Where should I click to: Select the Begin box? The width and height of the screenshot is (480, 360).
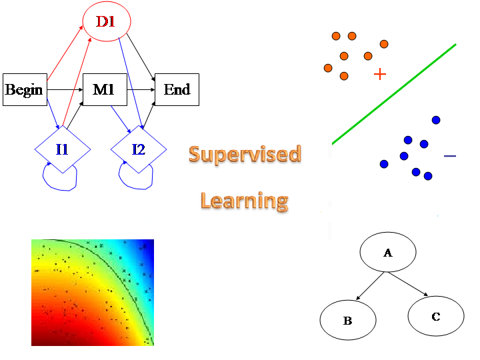(x=24, y=89)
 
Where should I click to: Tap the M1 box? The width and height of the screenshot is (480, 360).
(x=104, y=89)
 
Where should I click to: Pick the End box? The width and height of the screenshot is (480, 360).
(x=177, y=89)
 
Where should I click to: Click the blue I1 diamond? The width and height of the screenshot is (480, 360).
(x=62, y=149)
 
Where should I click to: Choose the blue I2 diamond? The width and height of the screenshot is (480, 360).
(x=138, y=149)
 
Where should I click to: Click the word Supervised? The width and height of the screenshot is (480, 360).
(x=245, y=155)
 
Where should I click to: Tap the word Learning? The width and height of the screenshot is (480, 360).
(x=245, y=200)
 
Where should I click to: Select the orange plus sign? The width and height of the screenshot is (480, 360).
(x=380, y=74)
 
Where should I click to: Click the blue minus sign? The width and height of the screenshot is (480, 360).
(x=450, y=156)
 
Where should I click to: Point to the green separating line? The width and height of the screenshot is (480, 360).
(x=393, y=94)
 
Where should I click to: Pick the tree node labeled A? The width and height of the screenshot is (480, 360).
(x=388, y=253)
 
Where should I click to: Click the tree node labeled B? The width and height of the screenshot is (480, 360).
(x=347, y=321)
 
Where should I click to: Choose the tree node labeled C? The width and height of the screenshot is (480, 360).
(x=435, y=316)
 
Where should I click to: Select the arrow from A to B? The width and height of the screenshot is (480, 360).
(x=371, y=285)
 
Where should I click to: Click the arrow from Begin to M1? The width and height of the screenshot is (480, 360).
(x=65, y=89)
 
